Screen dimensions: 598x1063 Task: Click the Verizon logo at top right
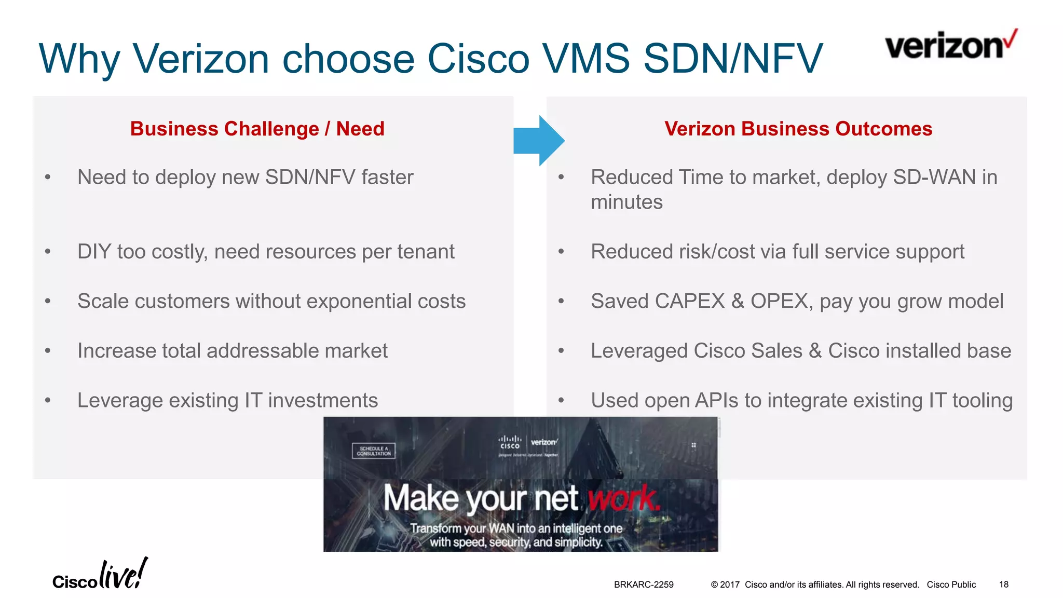[950, 45]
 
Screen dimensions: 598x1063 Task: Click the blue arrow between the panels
[539, 141]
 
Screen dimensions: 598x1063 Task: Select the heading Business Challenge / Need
[257, 129]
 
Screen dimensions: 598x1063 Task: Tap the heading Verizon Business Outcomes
[798, 129]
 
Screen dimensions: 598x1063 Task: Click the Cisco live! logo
[100, 575]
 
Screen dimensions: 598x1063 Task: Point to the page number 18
[1003, 585]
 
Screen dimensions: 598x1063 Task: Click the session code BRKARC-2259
[643, 585]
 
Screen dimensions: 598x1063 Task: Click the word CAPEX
[689, 302]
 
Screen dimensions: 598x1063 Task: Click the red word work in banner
[623, 498]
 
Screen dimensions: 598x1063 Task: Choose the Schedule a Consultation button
[373, 451]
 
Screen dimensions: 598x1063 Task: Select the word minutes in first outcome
[626, 202]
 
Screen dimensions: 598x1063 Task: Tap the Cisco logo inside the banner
[510, 442]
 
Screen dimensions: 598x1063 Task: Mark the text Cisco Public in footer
[951, 585]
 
